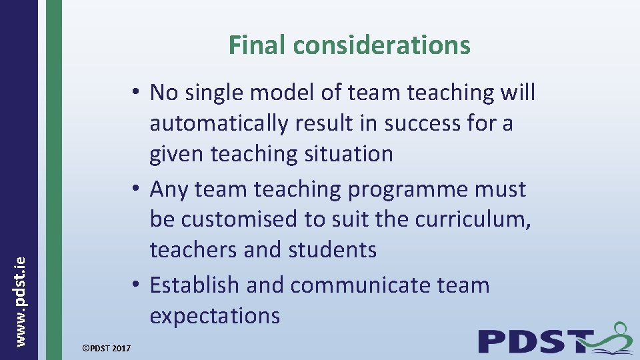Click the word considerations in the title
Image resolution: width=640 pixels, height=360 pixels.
click(381, 45)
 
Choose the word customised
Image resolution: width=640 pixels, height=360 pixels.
click(249, 219)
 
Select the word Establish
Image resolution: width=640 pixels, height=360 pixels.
click(194, 285)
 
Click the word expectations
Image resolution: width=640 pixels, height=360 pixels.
click(215, 315)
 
